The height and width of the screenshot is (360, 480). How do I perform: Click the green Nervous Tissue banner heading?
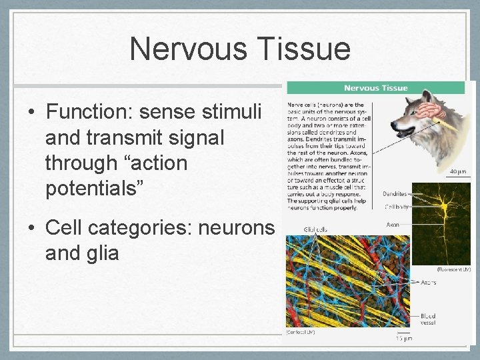point(375,88)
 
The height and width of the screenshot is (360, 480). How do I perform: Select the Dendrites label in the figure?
point(395,194)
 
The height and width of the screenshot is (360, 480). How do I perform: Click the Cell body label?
point(396,207)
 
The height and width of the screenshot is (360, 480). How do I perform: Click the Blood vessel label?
point(428,319)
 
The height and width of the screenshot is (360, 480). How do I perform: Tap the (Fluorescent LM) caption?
point(453,269)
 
